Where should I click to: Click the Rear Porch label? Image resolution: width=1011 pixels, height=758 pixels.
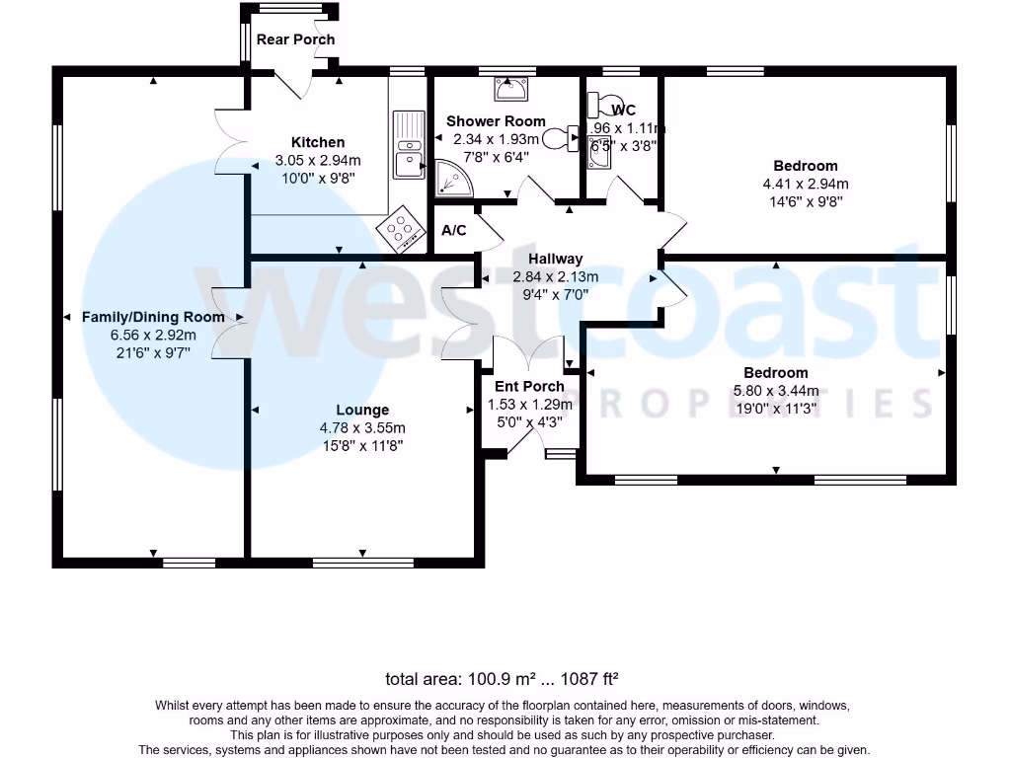point(295,39)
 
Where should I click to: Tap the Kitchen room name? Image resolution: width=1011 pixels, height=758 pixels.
point(318,142)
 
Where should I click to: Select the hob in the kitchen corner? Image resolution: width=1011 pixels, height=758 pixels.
point(400,233)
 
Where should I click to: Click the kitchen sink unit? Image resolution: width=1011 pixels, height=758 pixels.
point(408,146)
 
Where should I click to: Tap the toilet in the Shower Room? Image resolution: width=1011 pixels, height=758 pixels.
point(566,138)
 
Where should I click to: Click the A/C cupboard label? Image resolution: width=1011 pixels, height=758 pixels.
point(454,231)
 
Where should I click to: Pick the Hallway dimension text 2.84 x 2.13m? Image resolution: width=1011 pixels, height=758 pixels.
point(556,276)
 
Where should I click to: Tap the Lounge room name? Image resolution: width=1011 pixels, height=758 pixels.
point(362,410)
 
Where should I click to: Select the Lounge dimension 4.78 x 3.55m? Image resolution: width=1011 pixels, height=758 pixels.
point(362,427)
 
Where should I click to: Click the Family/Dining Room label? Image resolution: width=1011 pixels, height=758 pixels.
point(153,317)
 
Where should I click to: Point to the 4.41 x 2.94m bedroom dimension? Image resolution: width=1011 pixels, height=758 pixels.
point(806,184)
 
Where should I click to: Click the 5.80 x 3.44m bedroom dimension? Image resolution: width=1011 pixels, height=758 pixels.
point(776,391)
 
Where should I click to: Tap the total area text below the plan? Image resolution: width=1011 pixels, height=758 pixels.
point(502,679)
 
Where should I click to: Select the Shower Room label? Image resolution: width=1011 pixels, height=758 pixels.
point(496,121)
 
